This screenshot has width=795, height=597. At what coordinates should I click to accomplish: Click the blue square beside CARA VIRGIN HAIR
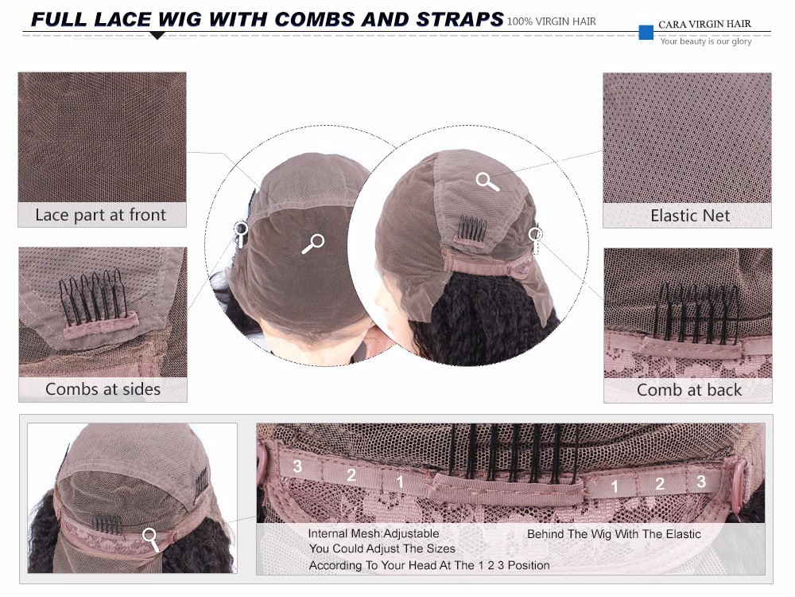[646, 32]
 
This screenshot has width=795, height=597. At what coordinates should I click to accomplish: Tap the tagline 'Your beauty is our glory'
[706, 41]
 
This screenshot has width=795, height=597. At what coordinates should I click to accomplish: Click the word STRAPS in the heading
[460, 19]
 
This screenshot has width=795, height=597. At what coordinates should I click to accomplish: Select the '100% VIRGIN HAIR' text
[551, 21]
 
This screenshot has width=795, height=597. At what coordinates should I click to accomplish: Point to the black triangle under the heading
[157, 35]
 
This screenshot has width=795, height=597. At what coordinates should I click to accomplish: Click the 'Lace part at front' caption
[100, 215]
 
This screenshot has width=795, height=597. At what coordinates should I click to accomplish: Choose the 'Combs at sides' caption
[103, 389]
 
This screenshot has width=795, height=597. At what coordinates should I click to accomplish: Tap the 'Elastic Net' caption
[690, 215]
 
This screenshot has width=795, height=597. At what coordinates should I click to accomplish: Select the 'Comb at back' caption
[689, 389]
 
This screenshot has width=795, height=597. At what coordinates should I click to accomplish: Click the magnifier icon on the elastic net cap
[487, 181]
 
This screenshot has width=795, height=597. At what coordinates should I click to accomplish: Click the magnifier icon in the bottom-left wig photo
[150, 539]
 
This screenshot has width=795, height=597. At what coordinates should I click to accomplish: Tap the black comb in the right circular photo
[472, 228]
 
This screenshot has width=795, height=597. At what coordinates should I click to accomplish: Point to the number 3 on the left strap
[297, 466]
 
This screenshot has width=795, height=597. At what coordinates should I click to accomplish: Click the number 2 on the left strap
[351, 474]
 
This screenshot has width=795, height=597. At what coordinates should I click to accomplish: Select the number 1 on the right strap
[615, 487]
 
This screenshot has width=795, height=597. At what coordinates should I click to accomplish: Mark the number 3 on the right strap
[700, 481]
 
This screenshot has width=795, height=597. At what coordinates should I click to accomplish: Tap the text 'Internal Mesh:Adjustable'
[374, 533]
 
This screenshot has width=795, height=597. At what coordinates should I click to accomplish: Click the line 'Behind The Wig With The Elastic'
[614, 534]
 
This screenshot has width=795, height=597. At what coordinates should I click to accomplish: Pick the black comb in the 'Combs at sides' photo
[93, 297]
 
